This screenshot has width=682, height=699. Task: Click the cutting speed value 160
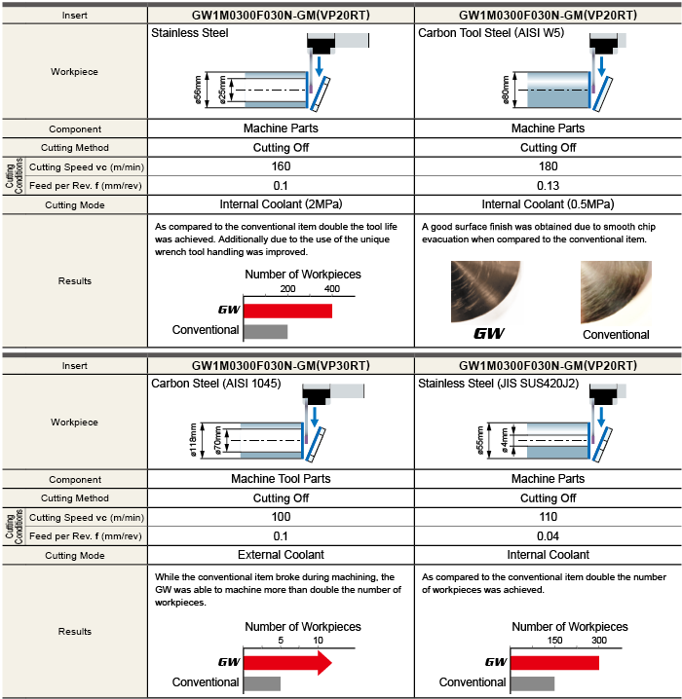coord(281,166)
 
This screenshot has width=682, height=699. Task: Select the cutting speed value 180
coord(548,166)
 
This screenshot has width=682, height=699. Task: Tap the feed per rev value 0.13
coord(548,185)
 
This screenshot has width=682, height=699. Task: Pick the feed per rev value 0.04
coord(548,535)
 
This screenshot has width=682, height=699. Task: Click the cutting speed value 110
coord(548,517)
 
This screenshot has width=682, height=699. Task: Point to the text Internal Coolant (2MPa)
coord(281,204)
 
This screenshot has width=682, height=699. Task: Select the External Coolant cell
coord(281,555)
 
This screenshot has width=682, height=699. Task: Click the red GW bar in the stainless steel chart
coord(287,312)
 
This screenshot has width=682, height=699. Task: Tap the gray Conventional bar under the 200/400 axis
coord(265,331)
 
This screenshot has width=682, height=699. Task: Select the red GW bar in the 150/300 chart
coord(553,663)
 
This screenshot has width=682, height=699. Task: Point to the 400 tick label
coord(332,289)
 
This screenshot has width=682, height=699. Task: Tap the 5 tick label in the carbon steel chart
coord(281,641)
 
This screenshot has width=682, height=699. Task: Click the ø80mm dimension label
coord(506,90)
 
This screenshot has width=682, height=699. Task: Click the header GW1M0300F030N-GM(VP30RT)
coord(281,365)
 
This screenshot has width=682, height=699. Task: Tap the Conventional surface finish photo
coord(616,292)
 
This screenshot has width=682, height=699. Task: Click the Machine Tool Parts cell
coord(281,479)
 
